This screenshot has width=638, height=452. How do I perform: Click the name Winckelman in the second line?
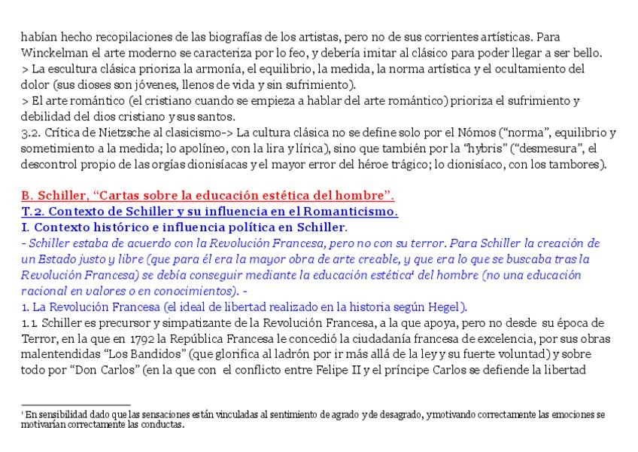point(51,53)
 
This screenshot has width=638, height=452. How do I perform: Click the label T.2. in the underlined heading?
point(33,212)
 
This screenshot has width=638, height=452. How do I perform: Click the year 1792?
point(142,339)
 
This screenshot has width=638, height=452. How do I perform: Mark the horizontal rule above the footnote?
point(76,405)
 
